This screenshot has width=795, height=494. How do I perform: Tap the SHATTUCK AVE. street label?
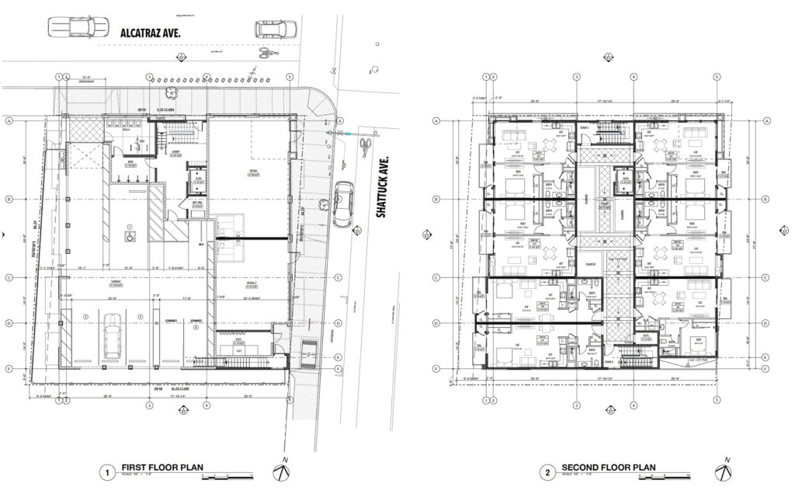[381, 186]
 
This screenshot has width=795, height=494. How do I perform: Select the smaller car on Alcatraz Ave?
[276, 30]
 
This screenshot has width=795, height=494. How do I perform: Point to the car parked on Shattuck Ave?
[342, 204]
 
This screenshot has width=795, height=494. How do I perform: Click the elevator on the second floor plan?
[624, 180]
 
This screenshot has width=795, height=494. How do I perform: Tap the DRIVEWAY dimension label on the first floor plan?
[87, 81]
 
